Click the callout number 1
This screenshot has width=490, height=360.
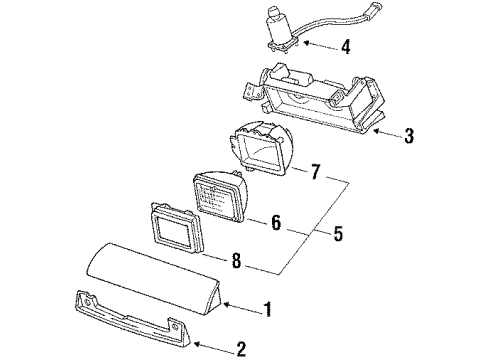coord(268,310)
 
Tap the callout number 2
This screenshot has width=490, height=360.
coord(241,349)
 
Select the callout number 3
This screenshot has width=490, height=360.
coord(409,136)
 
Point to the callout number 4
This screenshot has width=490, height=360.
coord(346,46)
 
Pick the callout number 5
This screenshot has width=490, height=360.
coord(338,233)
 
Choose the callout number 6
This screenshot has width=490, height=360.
coord(276,222)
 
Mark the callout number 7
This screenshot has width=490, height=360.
coord(315,172)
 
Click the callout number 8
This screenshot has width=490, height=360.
coord(236,260)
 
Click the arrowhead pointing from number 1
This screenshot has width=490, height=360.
coord(226,304)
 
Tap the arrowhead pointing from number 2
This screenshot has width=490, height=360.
coord(197,343)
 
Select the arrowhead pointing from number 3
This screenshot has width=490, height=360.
coord(376,131)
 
